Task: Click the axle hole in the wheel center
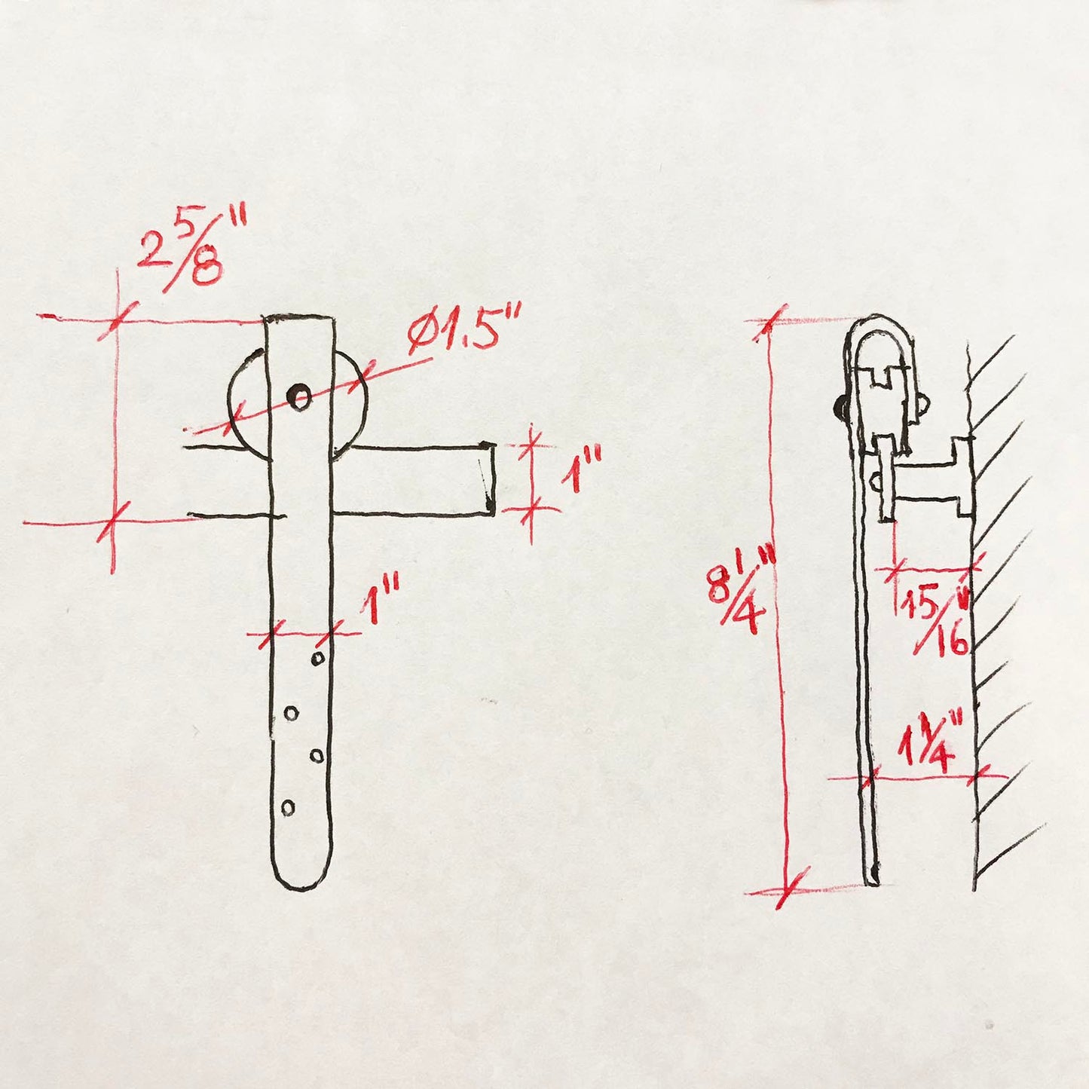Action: click(x=301, y=396)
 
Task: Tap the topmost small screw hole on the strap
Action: click(x=318, y=659)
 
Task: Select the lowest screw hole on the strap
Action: click(x=287, y=807)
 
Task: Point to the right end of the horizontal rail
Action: click(x=488, y=479)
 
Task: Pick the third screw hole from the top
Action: click(x=317, y=754)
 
